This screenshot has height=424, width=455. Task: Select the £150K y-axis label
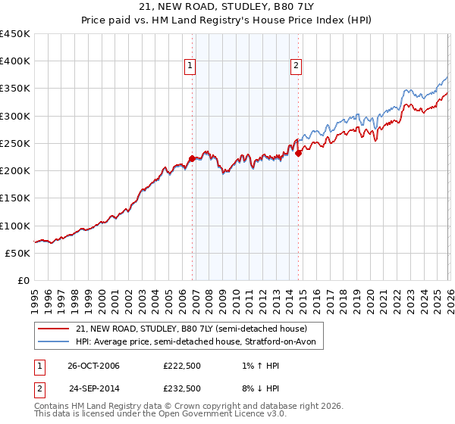coord(15,198)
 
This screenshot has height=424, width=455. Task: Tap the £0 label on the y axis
coord(24,280)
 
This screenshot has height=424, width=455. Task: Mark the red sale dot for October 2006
coord(192,158)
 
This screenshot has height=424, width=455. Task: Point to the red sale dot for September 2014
coord(298,153)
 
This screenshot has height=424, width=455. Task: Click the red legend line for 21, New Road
coord(52,329)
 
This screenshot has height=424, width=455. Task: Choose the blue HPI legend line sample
coord(52,343)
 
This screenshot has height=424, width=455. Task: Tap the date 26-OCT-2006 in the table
coord(94,366)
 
